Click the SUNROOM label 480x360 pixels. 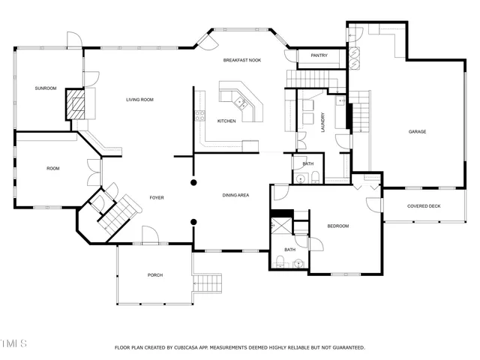pos(45,88)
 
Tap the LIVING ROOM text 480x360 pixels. pos(139,99)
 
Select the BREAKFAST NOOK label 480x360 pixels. pos(241,59)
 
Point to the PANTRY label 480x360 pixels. pos(319,55)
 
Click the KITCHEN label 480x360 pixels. pos(226,121)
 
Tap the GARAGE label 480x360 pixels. pos(417,131)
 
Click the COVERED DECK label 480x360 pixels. pos(424,206)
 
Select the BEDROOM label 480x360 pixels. pos(338,226)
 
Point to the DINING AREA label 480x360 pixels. pos(235,196)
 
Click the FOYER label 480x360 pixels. pos(157,197)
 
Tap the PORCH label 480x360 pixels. pos(155,275)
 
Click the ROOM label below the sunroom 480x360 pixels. pos(52,168)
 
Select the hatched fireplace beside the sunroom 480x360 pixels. pos(74,103)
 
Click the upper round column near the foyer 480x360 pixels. pos(193,182)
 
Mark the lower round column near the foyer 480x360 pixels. pos(193,221)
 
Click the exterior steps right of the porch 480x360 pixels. pos(209,283)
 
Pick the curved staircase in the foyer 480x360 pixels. pos(118,214)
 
